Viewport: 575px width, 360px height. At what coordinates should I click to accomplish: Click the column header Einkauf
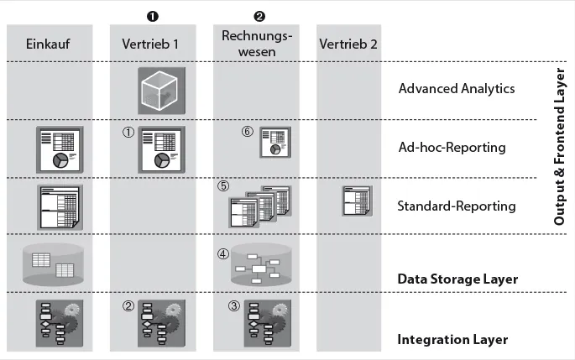tap(46, 44)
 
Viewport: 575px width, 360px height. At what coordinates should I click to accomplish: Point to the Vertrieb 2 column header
tap(348, 44)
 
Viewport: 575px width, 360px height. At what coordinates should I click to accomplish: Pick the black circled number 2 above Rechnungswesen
tap(259, 15)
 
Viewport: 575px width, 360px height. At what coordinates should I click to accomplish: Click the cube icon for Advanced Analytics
tap(159, 88)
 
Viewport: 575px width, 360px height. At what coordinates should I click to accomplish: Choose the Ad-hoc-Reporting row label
tap(452, 148)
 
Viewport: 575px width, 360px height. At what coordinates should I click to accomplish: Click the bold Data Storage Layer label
tap(457, 279)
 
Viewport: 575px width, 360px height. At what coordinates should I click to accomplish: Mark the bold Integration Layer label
tap(453, 340)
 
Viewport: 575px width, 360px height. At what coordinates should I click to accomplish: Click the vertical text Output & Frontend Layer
tap(560, 147)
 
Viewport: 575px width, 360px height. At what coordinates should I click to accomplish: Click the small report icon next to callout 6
tap(274, 142)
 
